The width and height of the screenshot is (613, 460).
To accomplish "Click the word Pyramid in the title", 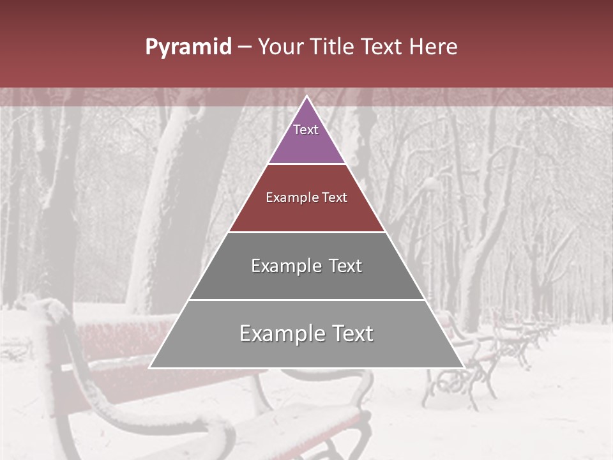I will click(x=188, y=47).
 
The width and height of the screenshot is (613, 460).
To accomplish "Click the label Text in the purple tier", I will click(x=306, y=130).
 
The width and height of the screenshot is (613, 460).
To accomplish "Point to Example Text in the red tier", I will click(x=306, y=197).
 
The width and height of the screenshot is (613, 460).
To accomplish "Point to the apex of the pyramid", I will click(x=306, y=97).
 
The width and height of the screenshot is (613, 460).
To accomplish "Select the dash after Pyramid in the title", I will click(x=244, y=47).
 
